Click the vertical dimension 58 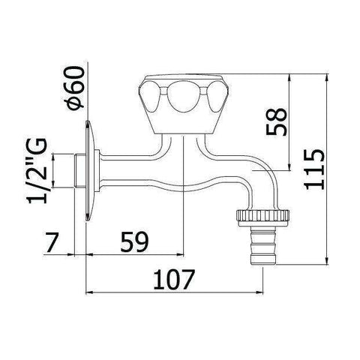[x=275, y=122]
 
